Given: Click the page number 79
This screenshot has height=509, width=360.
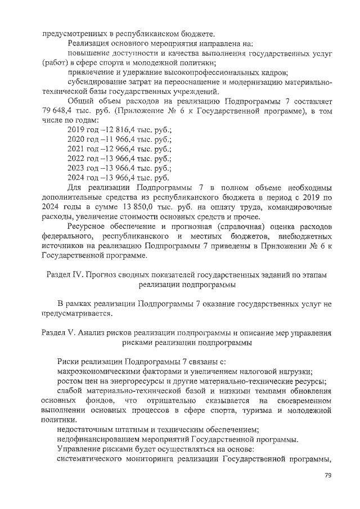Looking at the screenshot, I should tap(328, 476).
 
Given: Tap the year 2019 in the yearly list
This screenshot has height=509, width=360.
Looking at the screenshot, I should tap(76, 130).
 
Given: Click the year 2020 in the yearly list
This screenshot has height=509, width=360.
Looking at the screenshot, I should tap(76, 139).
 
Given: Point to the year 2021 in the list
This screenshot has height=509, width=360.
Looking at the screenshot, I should tap(76, 149).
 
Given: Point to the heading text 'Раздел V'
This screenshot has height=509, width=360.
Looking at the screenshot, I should tap(62, 332).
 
